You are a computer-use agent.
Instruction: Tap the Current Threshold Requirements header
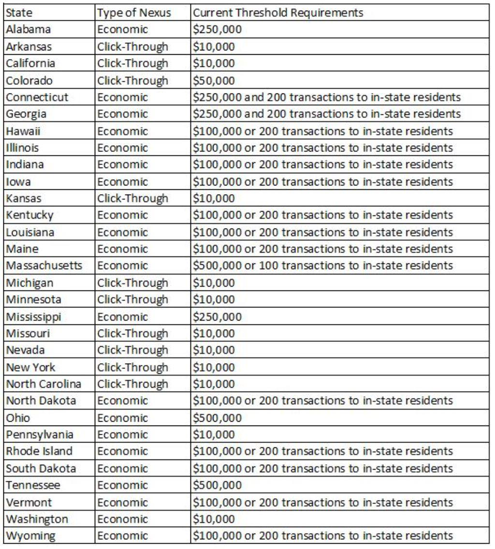[277, 13]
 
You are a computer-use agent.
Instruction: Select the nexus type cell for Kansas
[132, 198]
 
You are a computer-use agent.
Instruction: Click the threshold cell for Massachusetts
[323, 265]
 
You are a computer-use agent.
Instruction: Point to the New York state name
[27, 366]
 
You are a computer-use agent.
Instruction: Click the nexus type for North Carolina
[132, 383]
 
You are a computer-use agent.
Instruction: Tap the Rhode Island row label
[38, 451]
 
